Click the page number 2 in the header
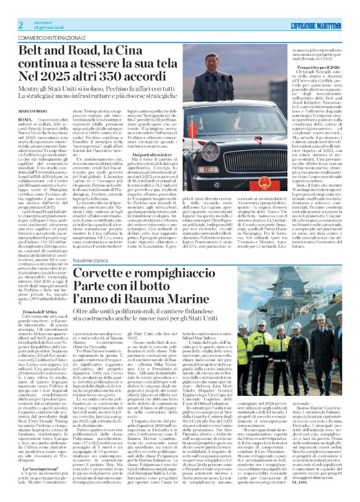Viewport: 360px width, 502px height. pos(21,24)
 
